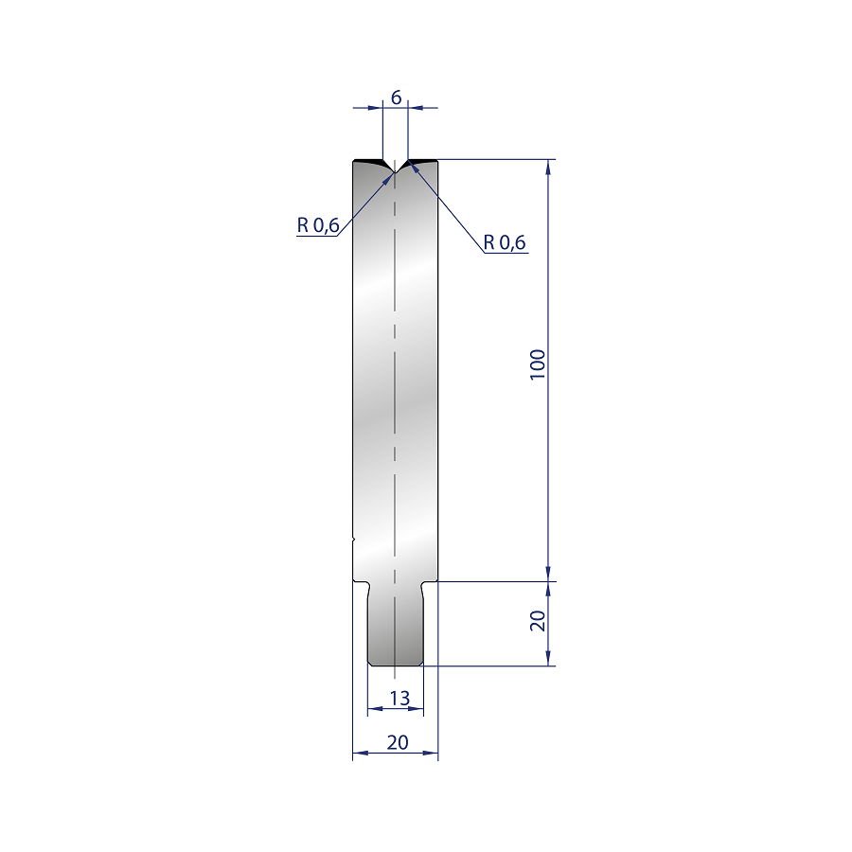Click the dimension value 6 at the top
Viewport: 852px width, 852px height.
tap(396, 98)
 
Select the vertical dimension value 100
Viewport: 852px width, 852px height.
tap(538, 364)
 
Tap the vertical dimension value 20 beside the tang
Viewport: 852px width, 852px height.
tap(538, 620)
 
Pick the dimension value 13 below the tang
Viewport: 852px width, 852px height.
tap(399, 699)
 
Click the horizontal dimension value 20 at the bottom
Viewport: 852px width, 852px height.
tap(398, 742)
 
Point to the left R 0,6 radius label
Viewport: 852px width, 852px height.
tap(318, 225)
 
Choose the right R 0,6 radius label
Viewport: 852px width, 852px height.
tap(505, 242)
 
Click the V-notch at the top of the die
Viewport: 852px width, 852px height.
tap(395, 167)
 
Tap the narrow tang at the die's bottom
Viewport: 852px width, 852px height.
tap(396, 624)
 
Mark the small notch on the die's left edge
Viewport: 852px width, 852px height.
tap(354, 539)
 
